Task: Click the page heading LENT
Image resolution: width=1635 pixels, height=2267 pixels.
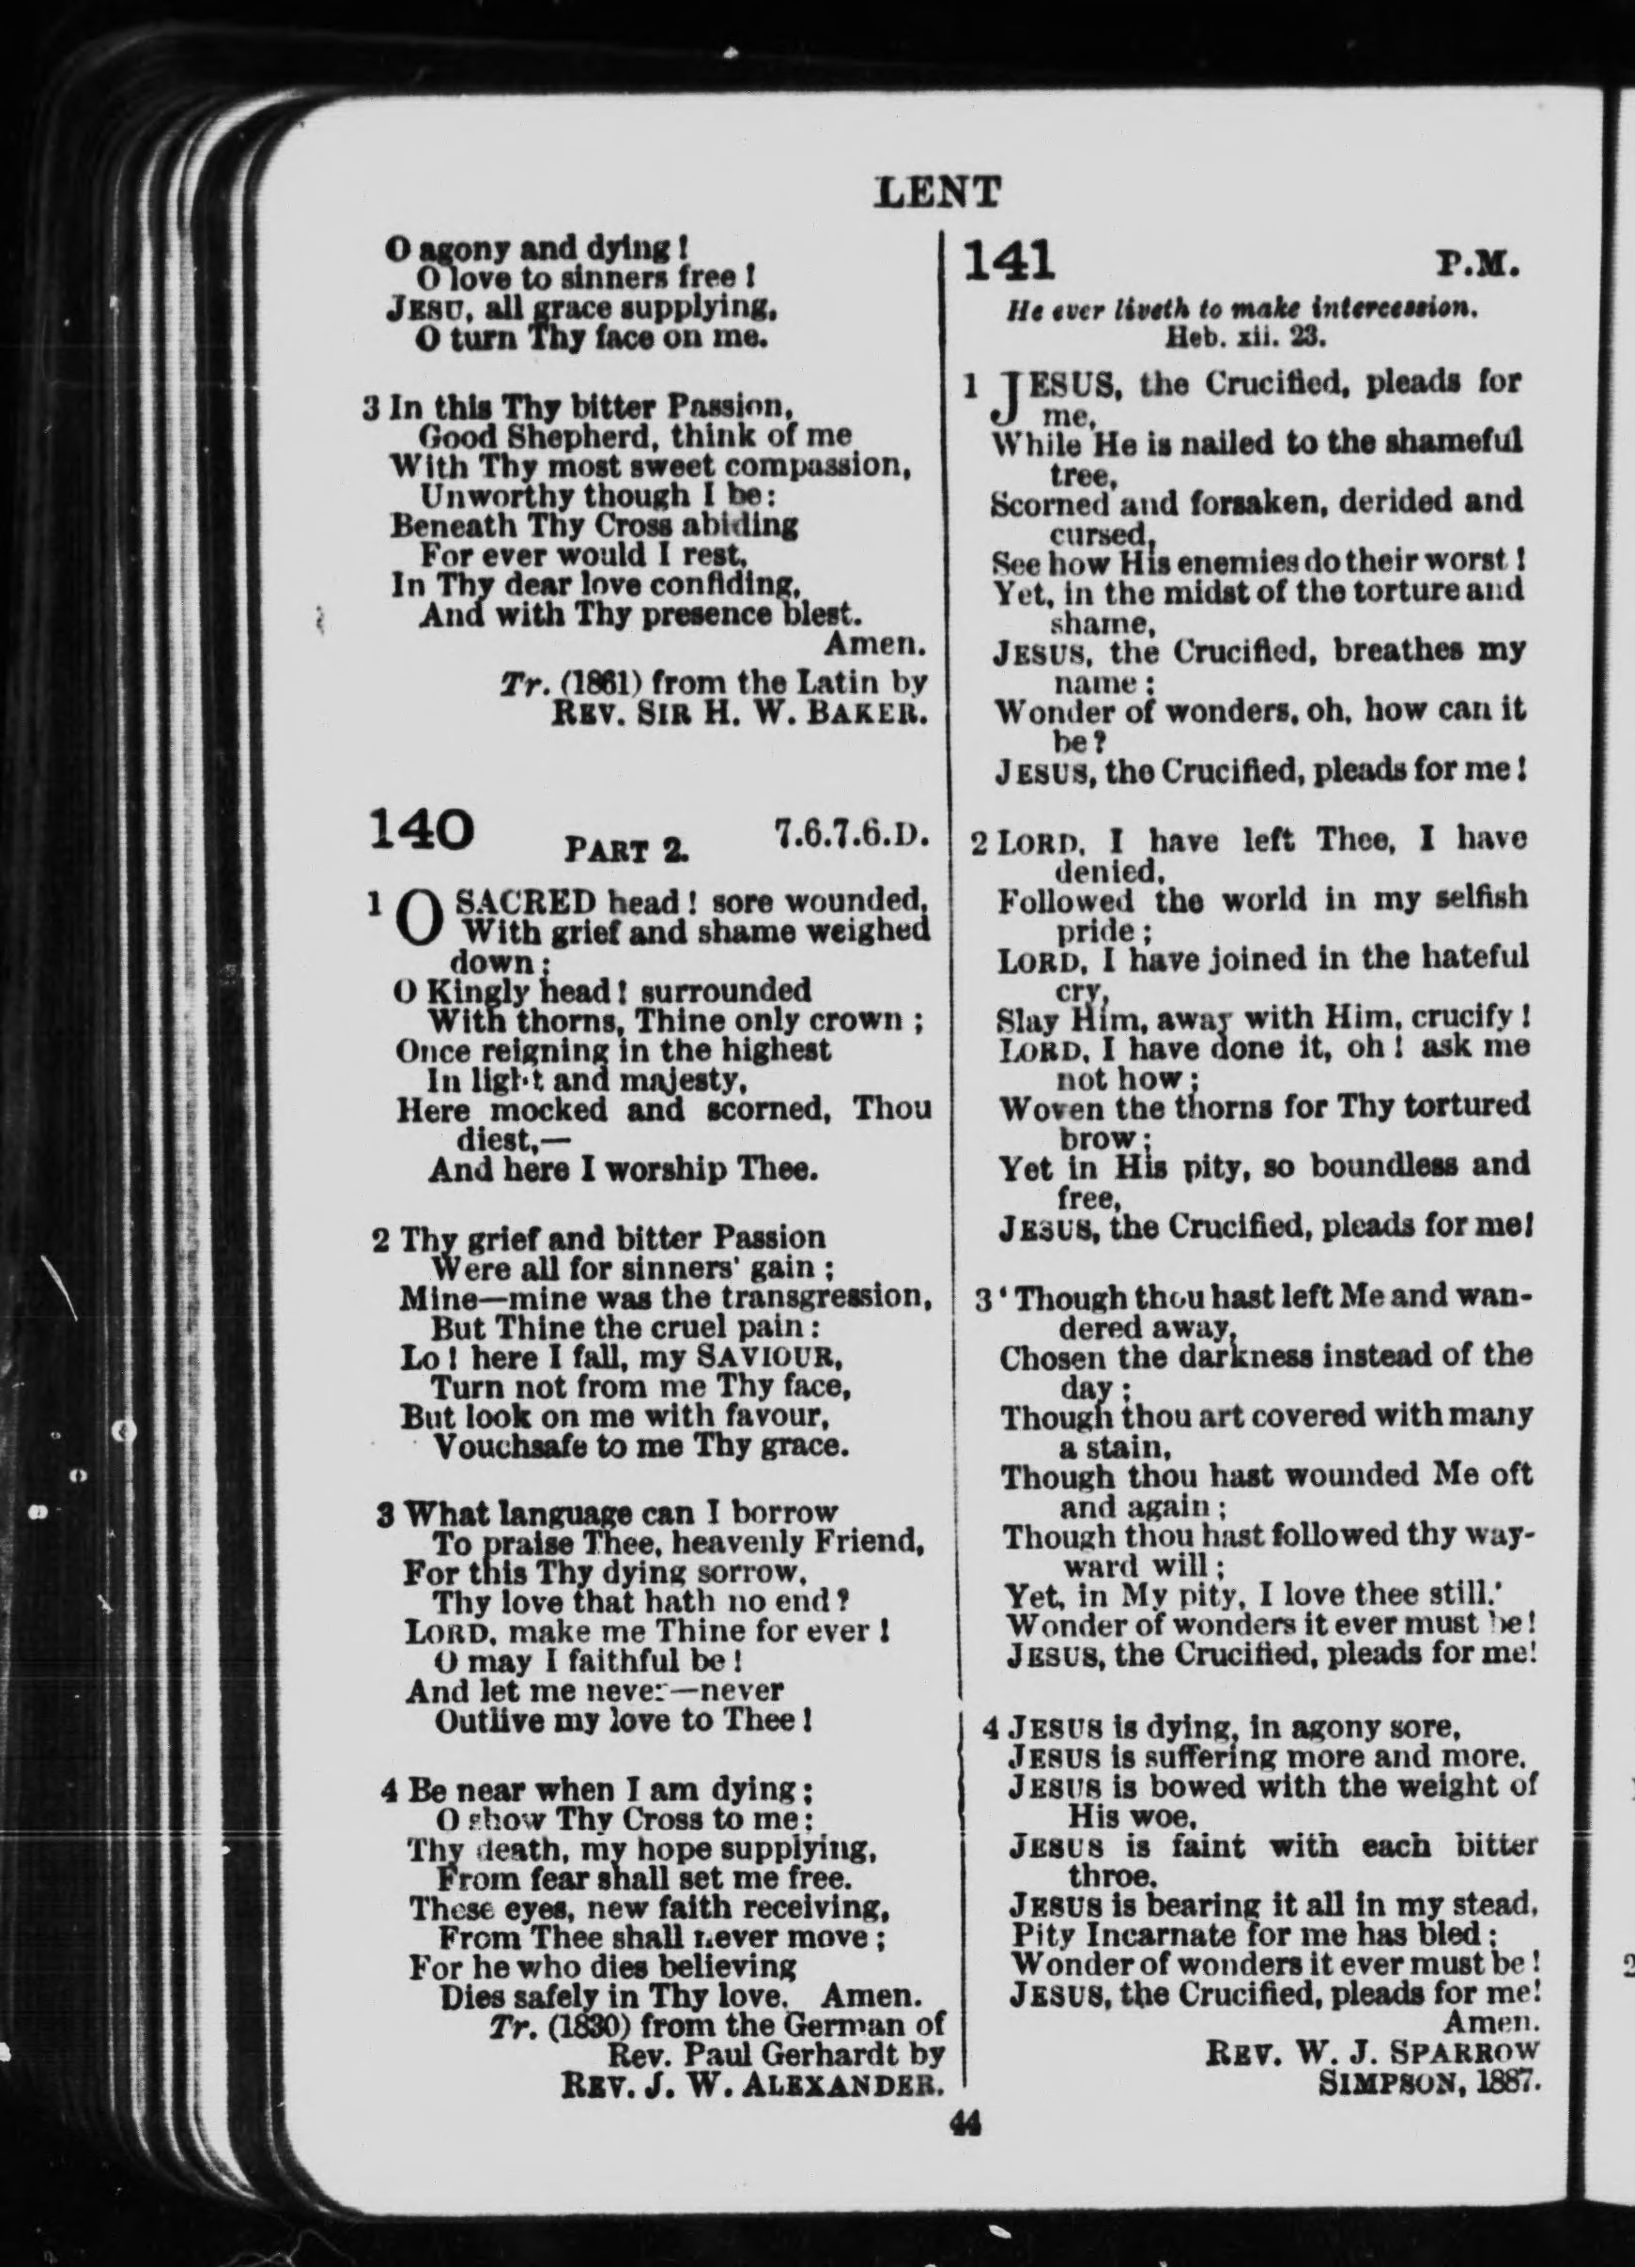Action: (x=936, y=191)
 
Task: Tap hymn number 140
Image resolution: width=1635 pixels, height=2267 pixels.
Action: (x=419, y=832)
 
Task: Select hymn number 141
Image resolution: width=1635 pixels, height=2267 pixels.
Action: (x=1010, y=262)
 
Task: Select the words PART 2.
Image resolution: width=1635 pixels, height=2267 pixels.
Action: (x=626, y=851)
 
